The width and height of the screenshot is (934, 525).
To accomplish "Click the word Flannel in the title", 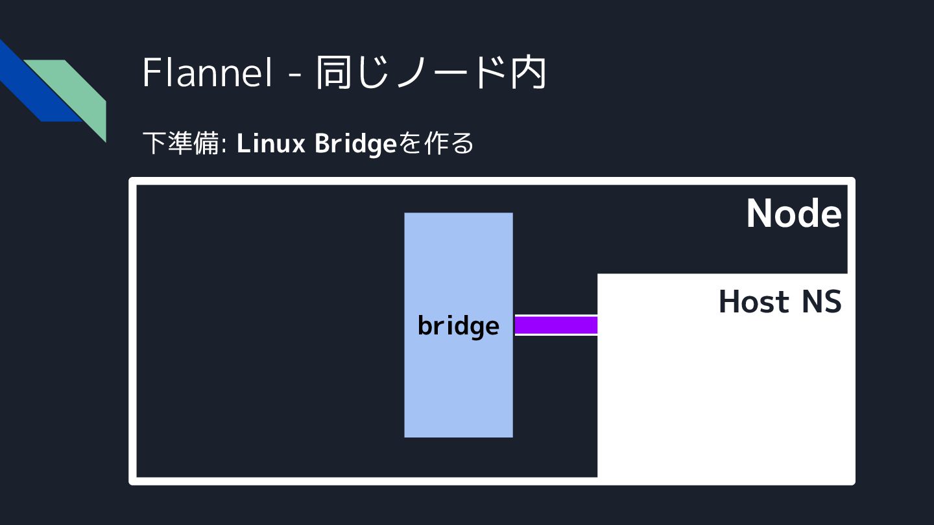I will coord(206,73).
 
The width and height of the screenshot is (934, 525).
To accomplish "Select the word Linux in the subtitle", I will coord(271,144).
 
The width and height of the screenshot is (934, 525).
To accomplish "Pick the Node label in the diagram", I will coord(793,213).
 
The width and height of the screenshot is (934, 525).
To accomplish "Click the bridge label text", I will coord(458,325).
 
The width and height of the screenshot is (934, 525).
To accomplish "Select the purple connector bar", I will coord(556,325).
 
